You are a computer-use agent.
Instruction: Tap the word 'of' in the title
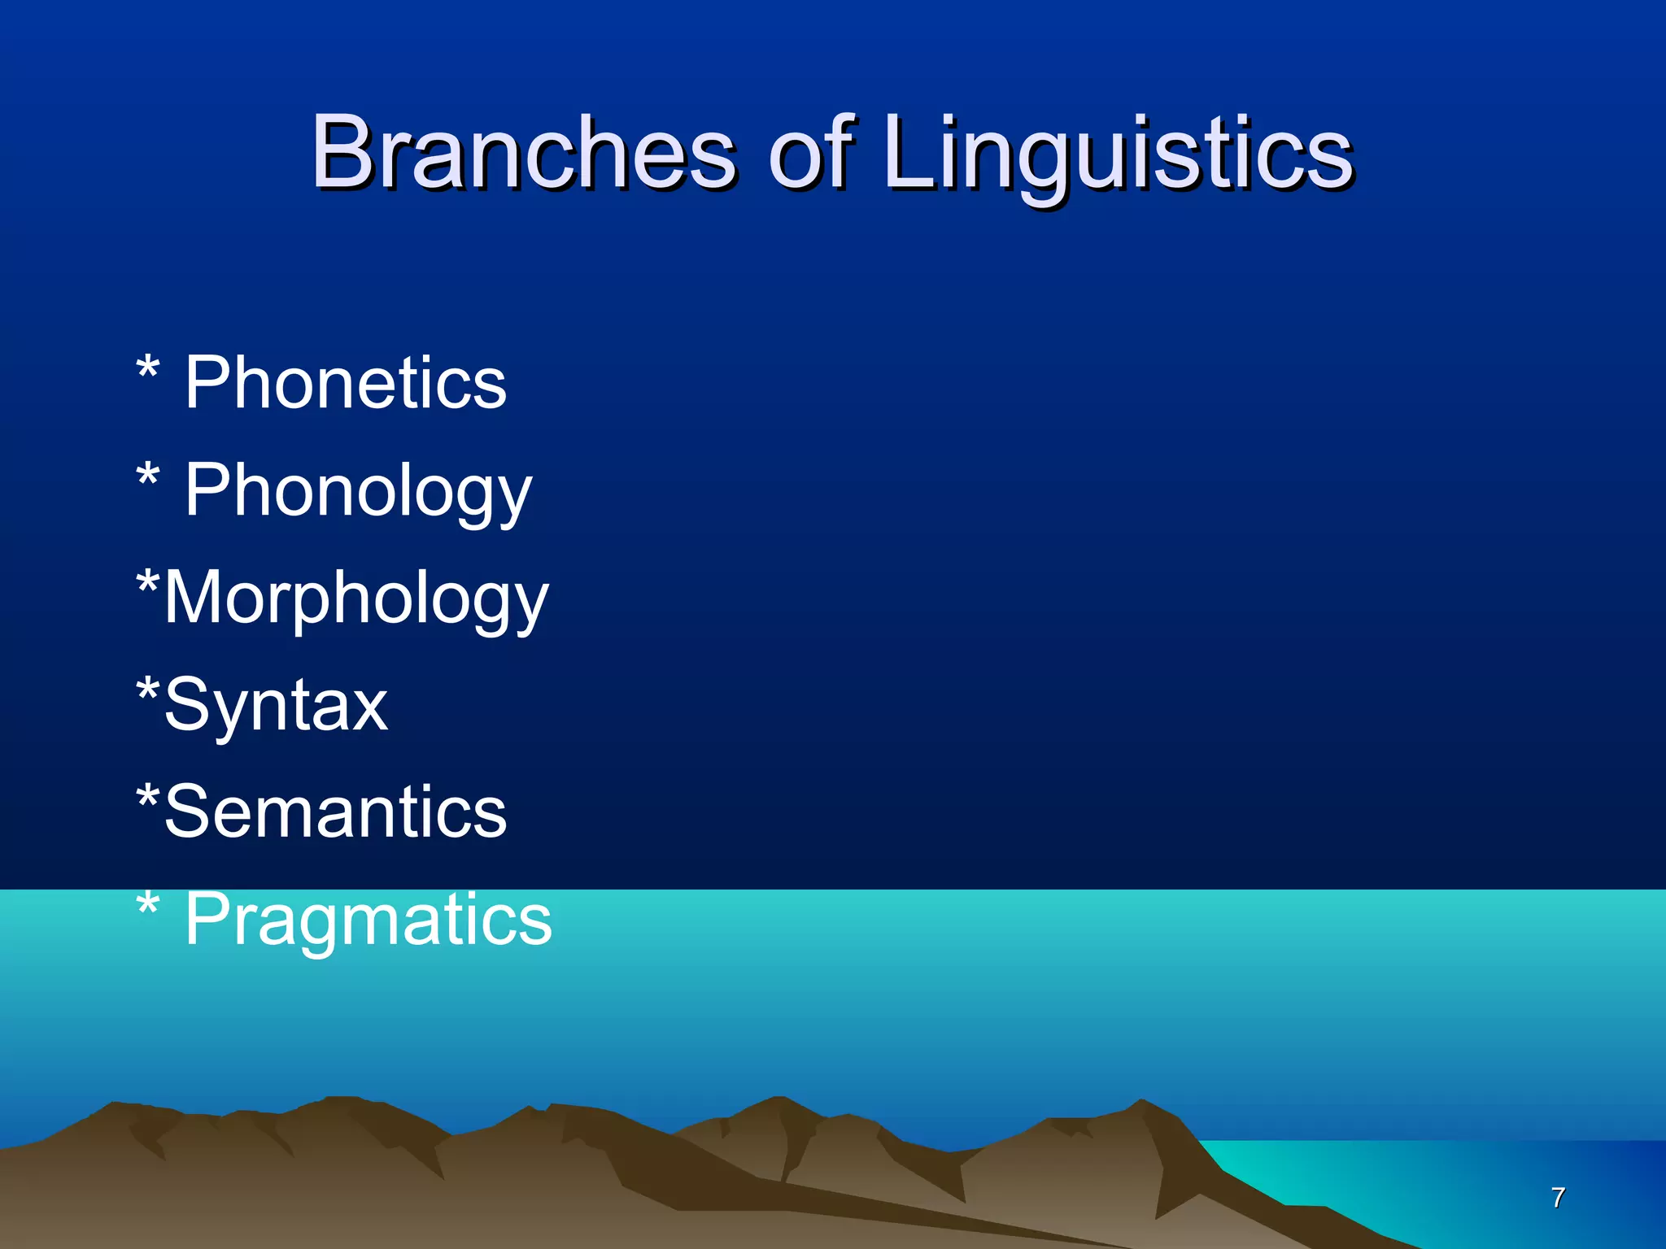click(810, 152)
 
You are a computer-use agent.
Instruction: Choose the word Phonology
click(358, 491)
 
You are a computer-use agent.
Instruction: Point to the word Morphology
click(356, 598)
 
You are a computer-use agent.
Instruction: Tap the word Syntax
click(277, 705)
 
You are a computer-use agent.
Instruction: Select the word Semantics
click(335, 812)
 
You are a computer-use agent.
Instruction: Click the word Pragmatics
click(368, 920)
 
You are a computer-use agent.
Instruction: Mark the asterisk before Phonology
click(147, 475)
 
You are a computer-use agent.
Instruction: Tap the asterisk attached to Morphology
click(147, 582)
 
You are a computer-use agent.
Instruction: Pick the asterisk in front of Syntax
click(147, 690)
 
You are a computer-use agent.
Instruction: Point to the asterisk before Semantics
click(147, 796)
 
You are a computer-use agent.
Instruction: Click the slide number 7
click(1558, 1197)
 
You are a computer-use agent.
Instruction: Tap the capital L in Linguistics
click(909, 152)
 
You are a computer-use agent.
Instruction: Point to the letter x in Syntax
click(367, 707)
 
